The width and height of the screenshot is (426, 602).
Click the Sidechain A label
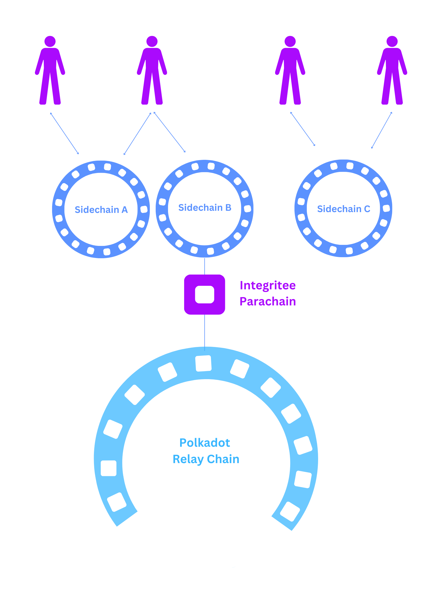tap(101, 210)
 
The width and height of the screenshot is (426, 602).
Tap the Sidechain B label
tap(205, 208)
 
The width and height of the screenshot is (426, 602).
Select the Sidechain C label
tap(344, 209)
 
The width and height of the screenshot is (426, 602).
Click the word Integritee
tap(268, 285)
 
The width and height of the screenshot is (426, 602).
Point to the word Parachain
tap(268, 301)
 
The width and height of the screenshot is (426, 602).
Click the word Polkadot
tap(205, 443)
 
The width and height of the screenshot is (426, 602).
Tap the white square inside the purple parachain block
tap(205, 294)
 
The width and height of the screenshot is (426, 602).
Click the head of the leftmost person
tap(50, 41)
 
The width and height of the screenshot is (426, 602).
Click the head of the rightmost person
tap(392, 41)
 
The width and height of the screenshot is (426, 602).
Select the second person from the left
tap(152, 72)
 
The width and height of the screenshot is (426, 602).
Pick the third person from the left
tap(290, 72)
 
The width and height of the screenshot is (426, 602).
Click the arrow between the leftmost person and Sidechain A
tap(64, 133)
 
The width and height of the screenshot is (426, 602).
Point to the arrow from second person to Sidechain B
tap(169, 132)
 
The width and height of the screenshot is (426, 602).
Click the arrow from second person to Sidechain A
tap(137, 134)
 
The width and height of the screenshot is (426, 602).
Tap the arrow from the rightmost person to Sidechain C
tap(381, 130)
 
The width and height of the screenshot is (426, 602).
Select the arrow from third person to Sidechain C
tap(303, 129)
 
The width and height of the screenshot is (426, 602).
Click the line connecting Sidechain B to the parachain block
tap(205, 266)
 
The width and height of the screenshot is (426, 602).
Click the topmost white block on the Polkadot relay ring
tap(203, 363)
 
